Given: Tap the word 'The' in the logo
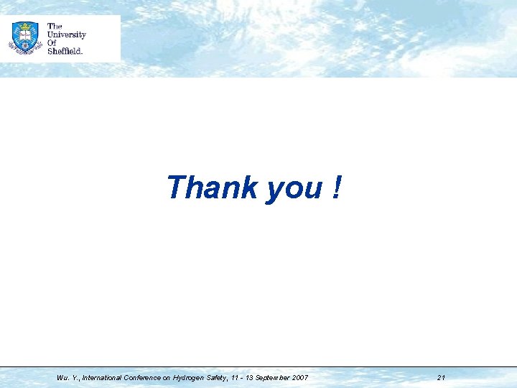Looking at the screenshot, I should (x=55, y=27).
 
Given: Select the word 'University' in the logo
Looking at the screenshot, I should (x=66, y=34).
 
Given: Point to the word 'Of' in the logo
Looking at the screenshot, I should (x=52, y=42).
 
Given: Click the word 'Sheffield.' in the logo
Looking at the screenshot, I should (x=65, y=50).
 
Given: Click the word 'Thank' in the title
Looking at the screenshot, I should (x=212, y=188).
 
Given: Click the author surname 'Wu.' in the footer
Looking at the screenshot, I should (x=62, y=377).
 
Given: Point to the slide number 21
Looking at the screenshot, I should (x=441, y=377).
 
